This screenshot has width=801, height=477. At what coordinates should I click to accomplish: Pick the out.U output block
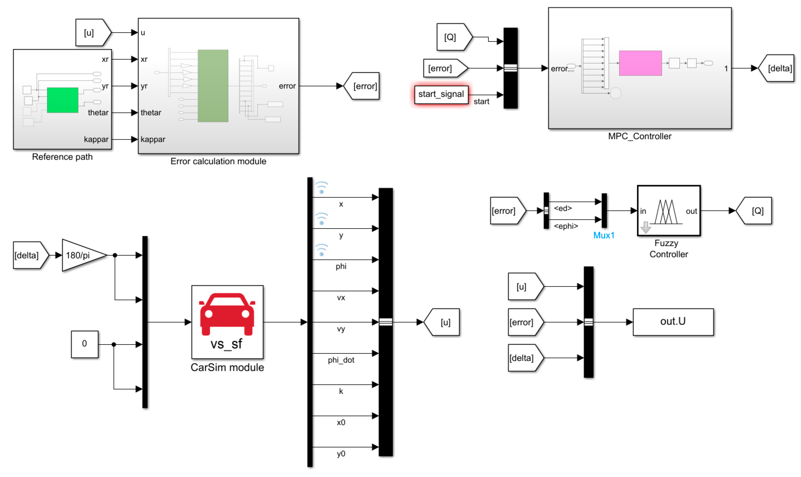pos(673,322)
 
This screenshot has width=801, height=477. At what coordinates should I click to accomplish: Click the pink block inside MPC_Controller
pos(640,63)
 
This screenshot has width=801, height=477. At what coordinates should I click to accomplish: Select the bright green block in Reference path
pos(63,100)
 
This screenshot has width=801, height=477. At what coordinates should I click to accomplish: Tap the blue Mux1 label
pos(604,236)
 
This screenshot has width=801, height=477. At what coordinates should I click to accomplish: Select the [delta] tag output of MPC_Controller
pos(778,68)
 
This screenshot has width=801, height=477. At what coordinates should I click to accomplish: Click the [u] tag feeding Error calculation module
pos(91,33)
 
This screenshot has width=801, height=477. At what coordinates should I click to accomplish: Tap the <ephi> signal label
pos(566,226)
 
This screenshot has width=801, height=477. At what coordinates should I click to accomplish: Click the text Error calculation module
pos(218,161)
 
